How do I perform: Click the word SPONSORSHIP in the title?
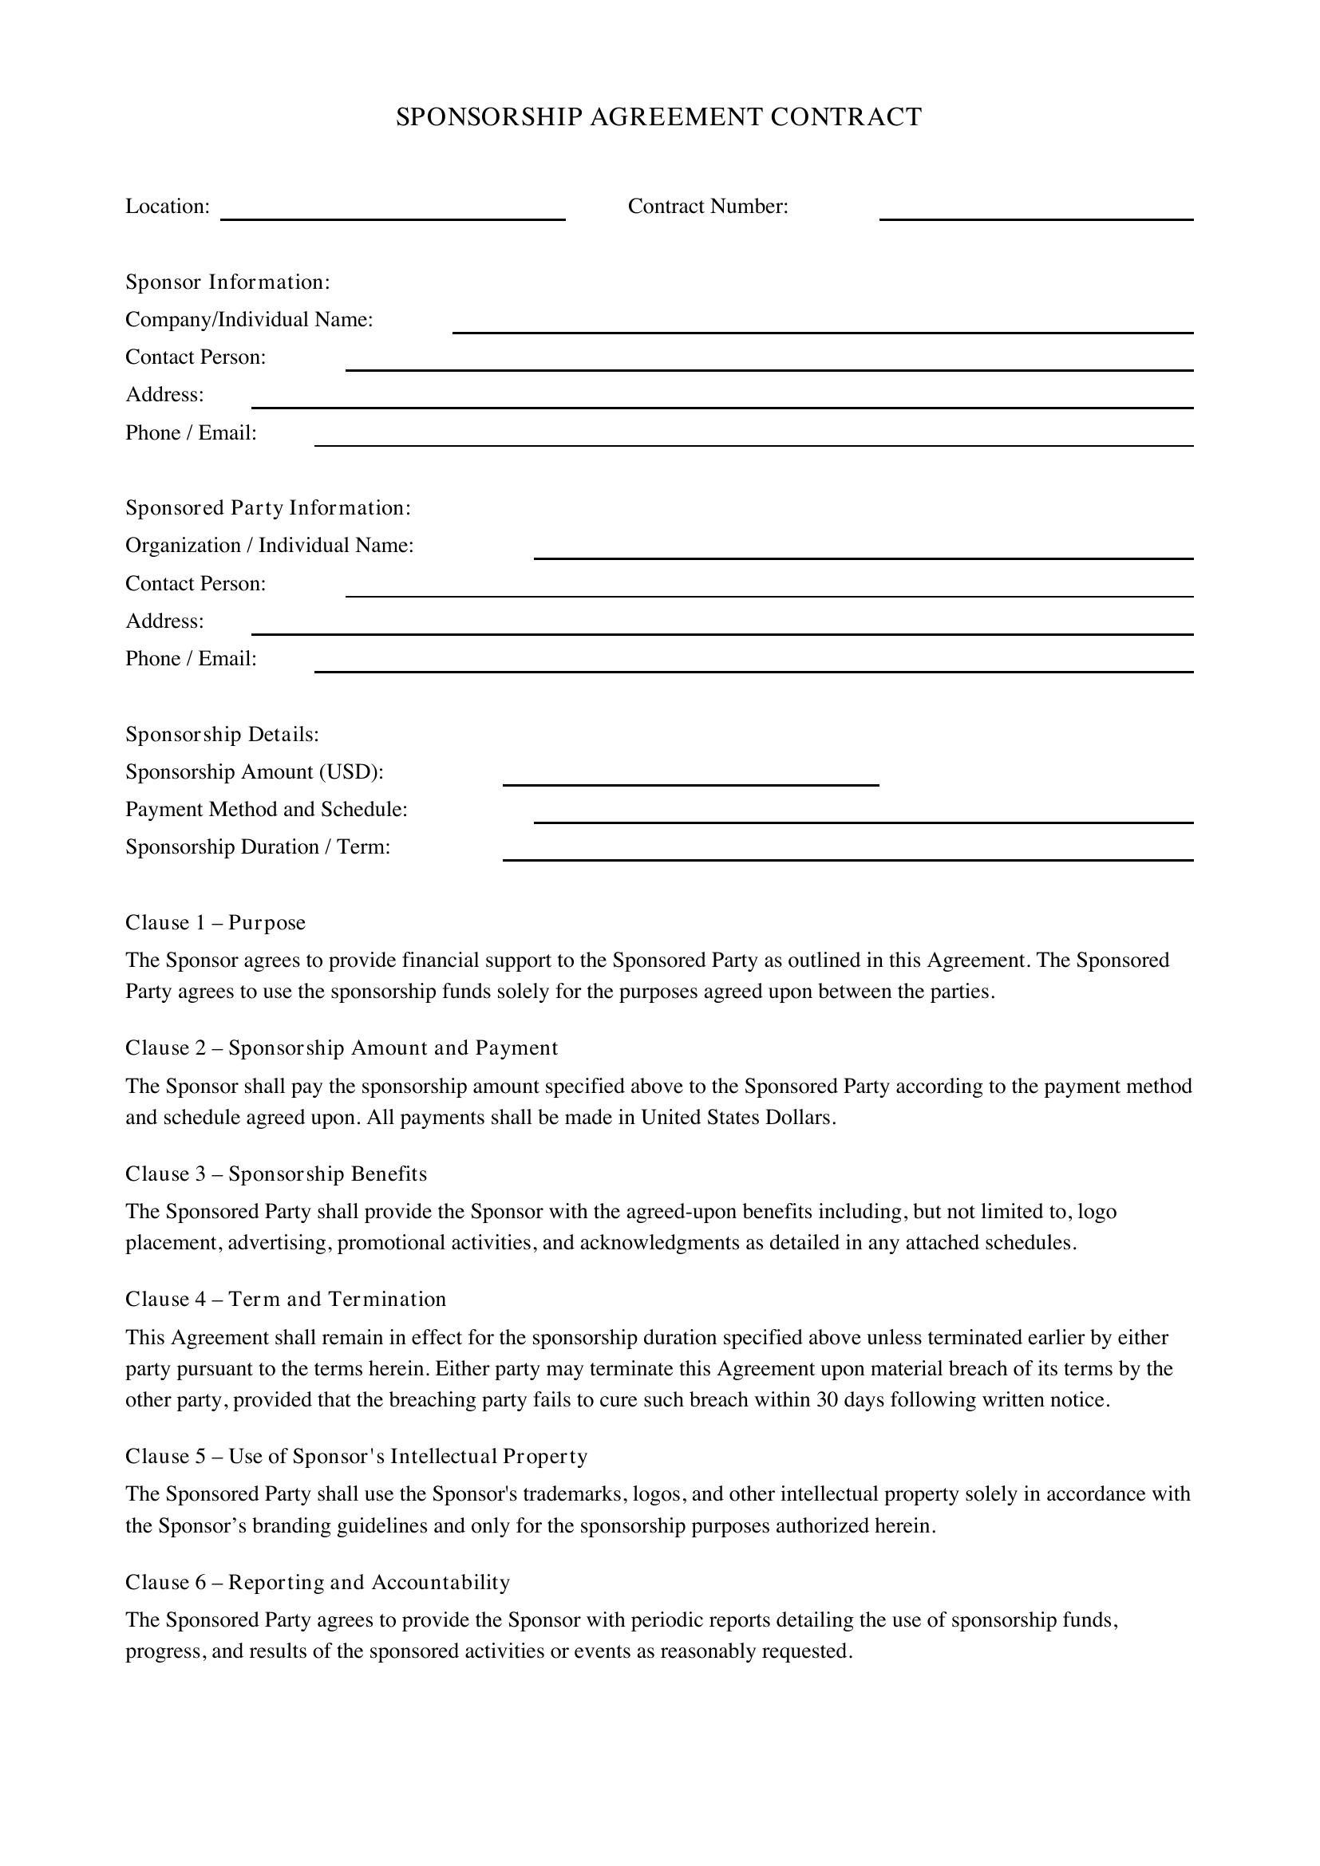pos(489,117)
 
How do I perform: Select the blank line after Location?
pos(393,213)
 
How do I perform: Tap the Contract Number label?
pos(708,207)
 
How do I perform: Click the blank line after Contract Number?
pos(1036,213)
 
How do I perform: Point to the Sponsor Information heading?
pos(227,282)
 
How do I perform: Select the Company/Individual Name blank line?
pos(822,327)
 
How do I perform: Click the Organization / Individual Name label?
pos(269,546)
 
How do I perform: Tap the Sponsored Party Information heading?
pos(268,508)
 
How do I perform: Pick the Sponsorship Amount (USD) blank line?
pos(690,779)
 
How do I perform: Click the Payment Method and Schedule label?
pos(266,810)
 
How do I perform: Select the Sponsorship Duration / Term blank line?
pos(847,854)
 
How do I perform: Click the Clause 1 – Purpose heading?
pos(215,922)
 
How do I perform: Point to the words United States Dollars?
pos(737,1118)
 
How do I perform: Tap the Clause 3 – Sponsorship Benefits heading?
pos(275,1174)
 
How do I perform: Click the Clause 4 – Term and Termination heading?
pos(285,1300)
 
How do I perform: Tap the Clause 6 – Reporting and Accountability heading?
pos(317,1582)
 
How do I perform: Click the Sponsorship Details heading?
pos(222,735)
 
